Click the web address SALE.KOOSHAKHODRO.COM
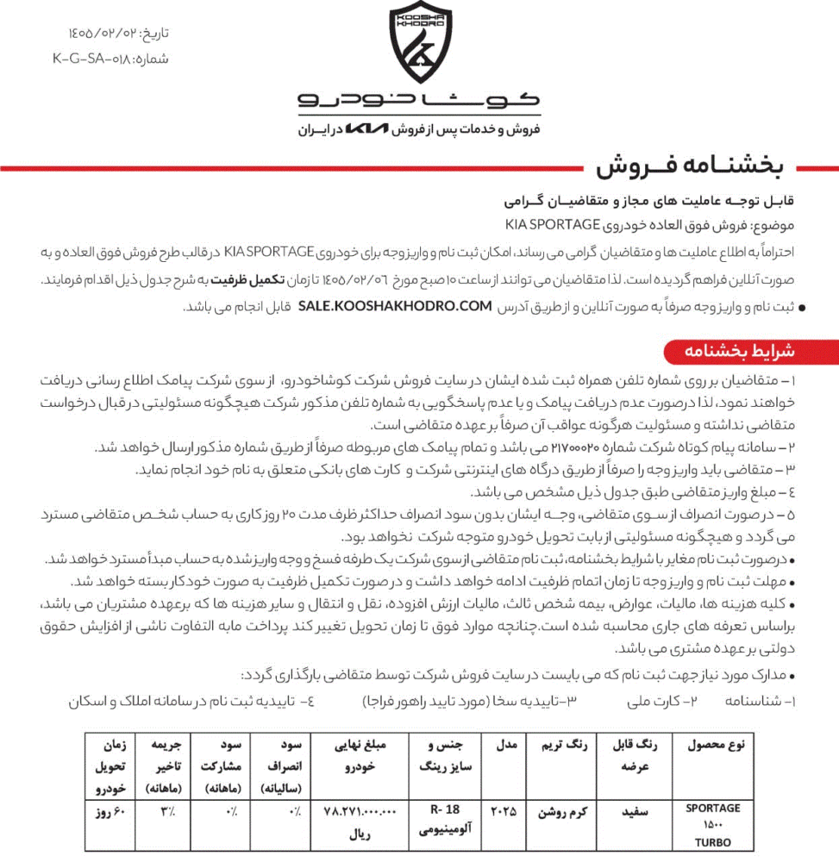[x=395, y=306]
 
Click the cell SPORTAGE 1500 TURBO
[x=712, y=825]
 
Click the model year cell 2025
[x=504, y=811]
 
